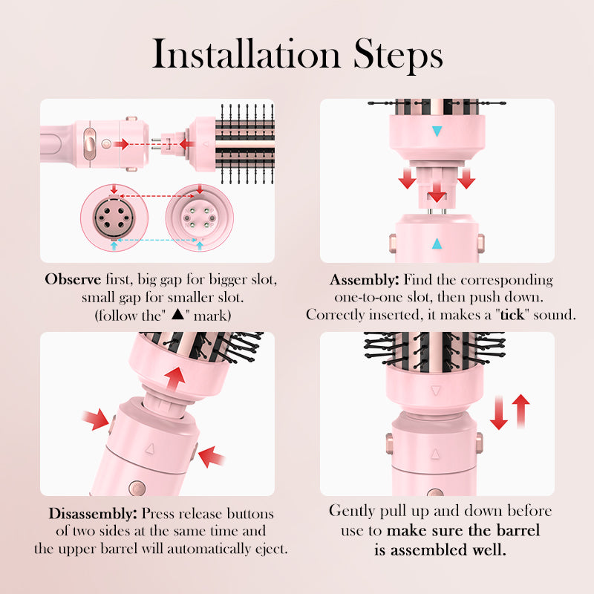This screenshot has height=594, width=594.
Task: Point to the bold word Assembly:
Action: (364, 281)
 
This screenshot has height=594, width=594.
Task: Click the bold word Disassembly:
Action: (92, 514)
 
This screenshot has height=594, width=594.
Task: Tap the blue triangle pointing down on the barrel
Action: (437, 131)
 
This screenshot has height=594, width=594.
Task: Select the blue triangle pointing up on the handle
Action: (437, 244)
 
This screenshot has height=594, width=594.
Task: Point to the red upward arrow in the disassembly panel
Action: (174, 376)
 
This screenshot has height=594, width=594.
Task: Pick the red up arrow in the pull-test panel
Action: (521, 411)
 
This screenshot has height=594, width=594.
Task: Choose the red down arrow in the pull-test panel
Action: (499, 413)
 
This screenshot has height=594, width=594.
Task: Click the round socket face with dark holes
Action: (114, 220)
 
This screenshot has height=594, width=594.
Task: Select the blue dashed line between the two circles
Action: (156, 242)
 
